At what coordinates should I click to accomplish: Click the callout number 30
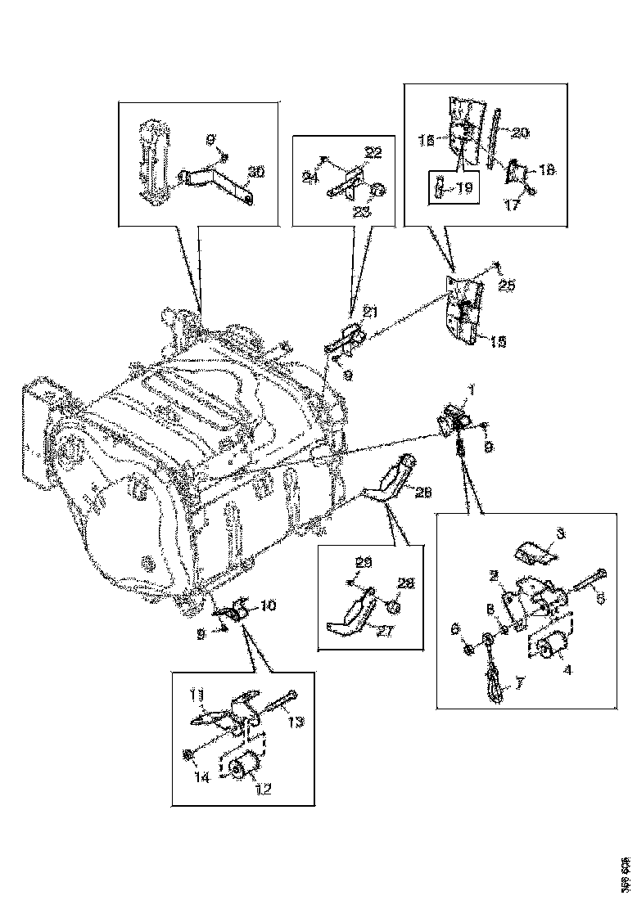pyautogui.click(x=256, y=172)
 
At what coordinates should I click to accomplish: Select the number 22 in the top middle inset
pyautogui.click(x=373, y=153)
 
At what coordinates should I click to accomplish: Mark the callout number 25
pyautogui.click(x=506, y=286)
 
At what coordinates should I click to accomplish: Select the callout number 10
pyautogui.click(x=269, y=605)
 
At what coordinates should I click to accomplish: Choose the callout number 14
pyautogui.click(x=202, y=778)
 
